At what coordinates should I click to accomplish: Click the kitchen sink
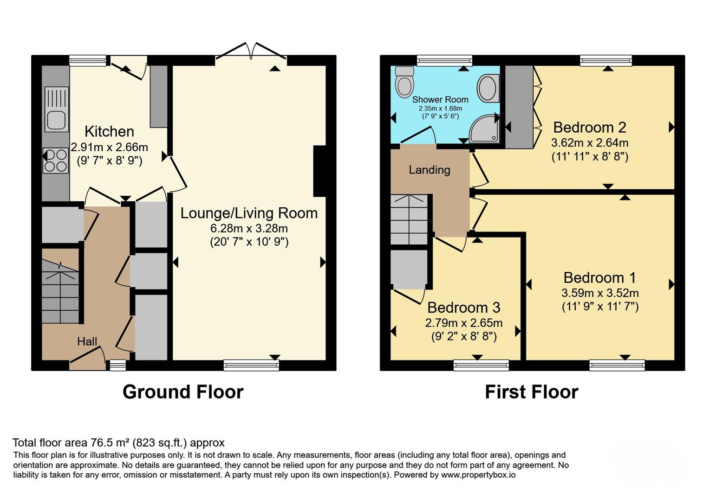coord(57,109)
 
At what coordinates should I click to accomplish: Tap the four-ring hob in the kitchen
coord(56,161)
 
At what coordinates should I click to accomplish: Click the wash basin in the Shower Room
coord(488,88)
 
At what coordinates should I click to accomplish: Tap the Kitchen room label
coord(109,132)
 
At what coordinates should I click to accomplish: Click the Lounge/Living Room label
coord(249,213)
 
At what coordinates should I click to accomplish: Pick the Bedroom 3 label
coord(464,308)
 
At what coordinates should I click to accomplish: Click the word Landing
coord(430,170)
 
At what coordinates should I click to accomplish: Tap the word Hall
coord(87,341)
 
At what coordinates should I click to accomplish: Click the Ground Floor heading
coord(183,392)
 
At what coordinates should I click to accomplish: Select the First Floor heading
coord(532,392)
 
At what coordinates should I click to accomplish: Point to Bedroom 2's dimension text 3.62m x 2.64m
coord(590,142)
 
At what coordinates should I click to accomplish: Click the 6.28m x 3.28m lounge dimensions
coord(249,229)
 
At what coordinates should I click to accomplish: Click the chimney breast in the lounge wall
coord(319,171)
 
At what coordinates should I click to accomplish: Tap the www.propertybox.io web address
coord(479,475)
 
